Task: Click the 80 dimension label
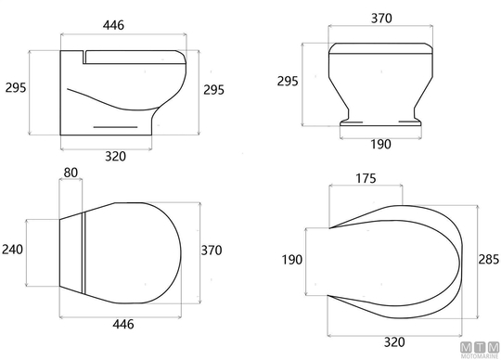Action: tap(71, 173)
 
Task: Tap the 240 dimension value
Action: tap(12, 250)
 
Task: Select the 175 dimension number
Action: tap(366, 178)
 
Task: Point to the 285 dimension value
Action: tap(489, 260)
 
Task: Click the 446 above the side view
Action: tap(113, 25)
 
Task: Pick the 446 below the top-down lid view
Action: tap(123, 324)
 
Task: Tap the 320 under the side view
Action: tap(115, 156)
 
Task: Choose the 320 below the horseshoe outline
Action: tap(394, 342)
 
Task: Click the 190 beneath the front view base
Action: tap(380, 145)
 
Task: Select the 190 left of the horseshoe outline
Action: tap(291, 260)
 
